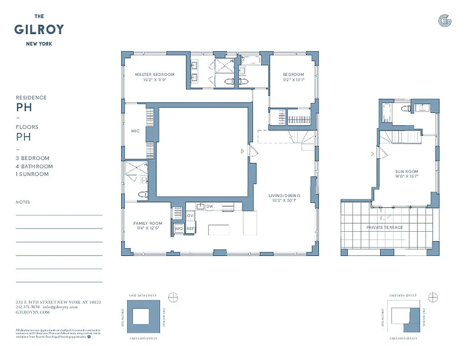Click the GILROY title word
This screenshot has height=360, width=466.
39,30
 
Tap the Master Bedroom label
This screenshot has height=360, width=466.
154,75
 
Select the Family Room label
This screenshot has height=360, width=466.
148,223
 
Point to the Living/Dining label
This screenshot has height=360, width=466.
284,195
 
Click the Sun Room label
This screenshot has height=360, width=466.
407,171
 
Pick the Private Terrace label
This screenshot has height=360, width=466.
385,227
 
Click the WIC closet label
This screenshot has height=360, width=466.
135,131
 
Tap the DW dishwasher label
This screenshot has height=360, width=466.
210,206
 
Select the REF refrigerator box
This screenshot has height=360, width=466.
190,229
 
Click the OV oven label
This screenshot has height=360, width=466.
190,216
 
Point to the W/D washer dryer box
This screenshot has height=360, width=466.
179,229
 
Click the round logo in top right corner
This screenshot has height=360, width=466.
444,20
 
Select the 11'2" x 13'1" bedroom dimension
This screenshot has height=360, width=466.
293,80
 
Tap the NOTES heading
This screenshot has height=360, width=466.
23,202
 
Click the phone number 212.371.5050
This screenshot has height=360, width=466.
28,306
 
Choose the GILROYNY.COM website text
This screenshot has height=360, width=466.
32,311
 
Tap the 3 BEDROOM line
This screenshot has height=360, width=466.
32,158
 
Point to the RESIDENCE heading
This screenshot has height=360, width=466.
31,98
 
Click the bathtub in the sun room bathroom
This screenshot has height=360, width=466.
386,112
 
